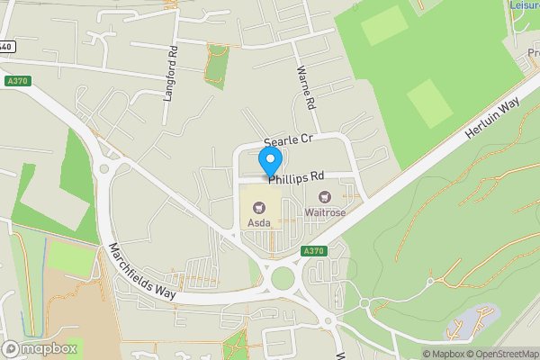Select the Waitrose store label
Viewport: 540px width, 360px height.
[325, 212]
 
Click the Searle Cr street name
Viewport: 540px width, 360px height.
[287, 141]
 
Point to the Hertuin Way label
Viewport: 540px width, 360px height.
[492, 119]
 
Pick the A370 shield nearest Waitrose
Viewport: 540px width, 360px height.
[313, 250]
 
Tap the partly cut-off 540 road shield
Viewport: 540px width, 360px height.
[5, 47]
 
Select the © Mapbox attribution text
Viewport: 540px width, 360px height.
[445, 354]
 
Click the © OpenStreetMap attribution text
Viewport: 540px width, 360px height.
[503, 354]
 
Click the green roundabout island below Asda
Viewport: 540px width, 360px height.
[284, 276]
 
